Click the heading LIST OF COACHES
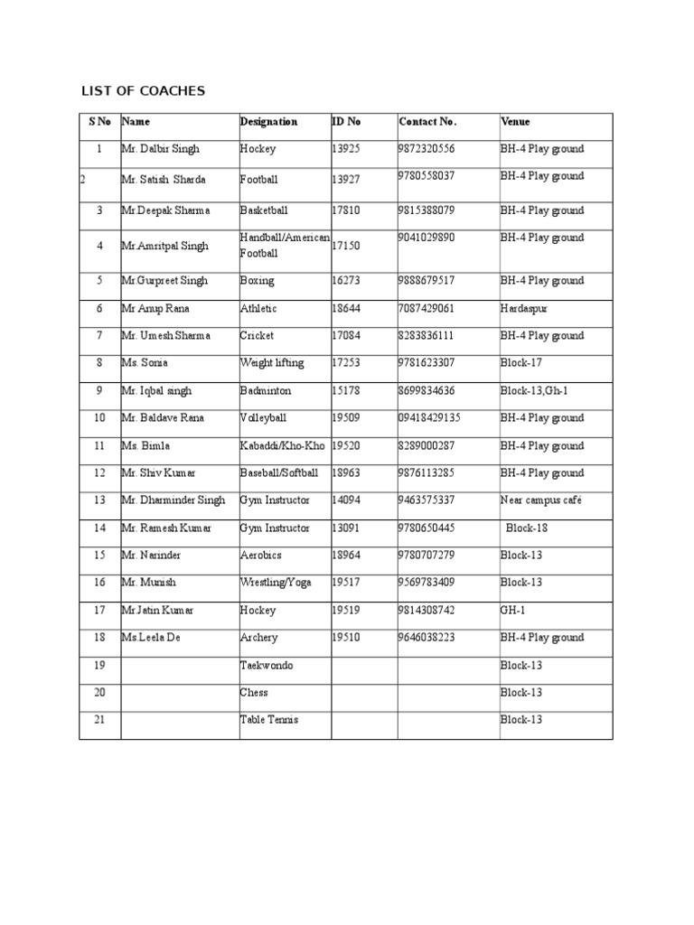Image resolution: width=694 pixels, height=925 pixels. [144, 91]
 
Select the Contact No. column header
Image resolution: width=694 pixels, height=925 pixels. [427, 121]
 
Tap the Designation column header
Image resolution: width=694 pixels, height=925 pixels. [268, 121]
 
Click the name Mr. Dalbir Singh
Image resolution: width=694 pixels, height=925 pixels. [161, 149]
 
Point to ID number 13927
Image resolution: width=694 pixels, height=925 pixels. [345, 180]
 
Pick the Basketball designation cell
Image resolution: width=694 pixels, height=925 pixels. [264, 210]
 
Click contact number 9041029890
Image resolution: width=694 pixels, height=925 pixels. [427, 238]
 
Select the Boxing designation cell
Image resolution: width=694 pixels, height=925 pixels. [257, 281]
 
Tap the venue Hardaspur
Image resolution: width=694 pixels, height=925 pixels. [524, 309]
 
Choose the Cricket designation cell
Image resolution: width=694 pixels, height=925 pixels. [258, 336]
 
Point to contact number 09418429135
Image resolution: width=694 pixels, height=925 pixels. [429, 418]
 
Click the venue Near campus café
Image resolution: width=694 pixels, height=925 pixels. [541, 500]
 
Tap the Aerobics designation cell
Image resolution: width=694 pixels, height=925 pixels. [260, 556]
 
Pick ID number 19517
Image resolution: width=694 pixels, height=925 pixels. [345, 583]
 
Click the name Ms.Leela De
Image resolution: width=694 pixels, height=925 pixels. [152, 638]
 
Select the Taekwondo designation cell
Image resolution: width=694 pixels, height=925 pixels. [267, 666]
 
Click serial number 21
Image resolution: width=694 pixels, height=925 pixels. [99, 720]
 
